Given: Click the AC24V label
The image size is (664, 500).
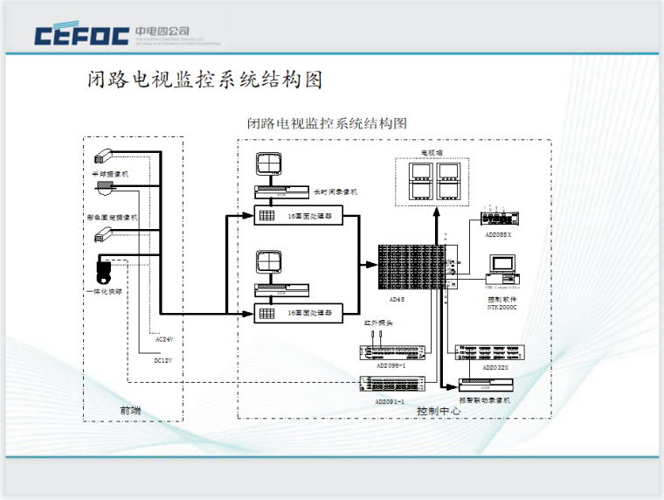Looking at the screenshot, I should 163,338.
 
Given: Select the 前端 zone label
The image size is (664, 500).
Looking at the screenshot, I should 130,410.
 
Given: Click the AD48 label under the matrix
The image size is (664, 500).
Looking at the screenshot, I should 398,298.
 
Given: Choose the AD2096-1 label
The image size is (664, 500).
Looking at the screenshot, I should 390,366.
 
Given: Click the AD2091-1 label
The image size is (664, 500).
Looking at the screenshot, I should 390,400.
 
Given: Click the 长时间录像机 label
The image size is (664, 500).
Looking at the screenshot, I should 335,191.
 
